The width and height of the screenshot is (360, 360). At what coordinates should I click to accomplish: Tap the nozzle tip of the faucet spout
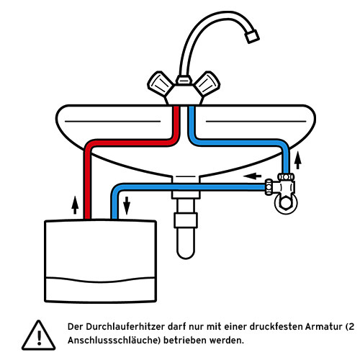(251, 36)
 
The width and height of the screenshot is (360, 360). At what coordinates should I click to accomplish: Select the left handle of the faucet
(158, 83)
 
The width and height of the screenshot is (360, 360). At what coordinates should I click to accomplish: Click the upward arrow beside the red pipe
(74, 204)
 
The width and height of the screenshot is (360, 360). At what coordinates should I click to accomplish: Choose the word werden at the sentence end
(226, 339)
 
